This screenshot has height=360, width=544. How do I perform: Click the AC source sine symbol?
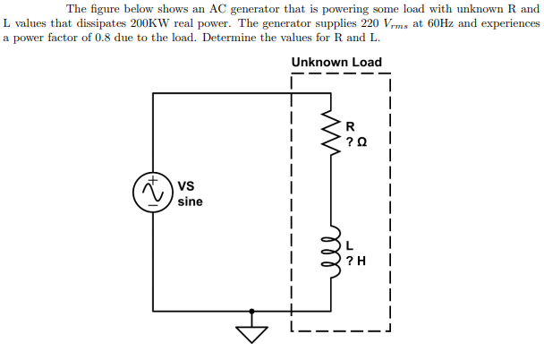point(154,194)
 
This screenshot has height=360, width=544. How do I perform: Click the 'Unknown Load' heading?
point(336,63)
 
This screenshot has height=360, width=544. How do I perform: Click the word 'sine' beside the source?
point(190,202)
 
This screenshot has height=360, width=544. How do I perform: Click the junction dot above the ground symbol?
point(253,312)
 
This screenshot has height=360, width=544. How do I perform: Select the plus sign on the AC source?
point(154,182)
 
